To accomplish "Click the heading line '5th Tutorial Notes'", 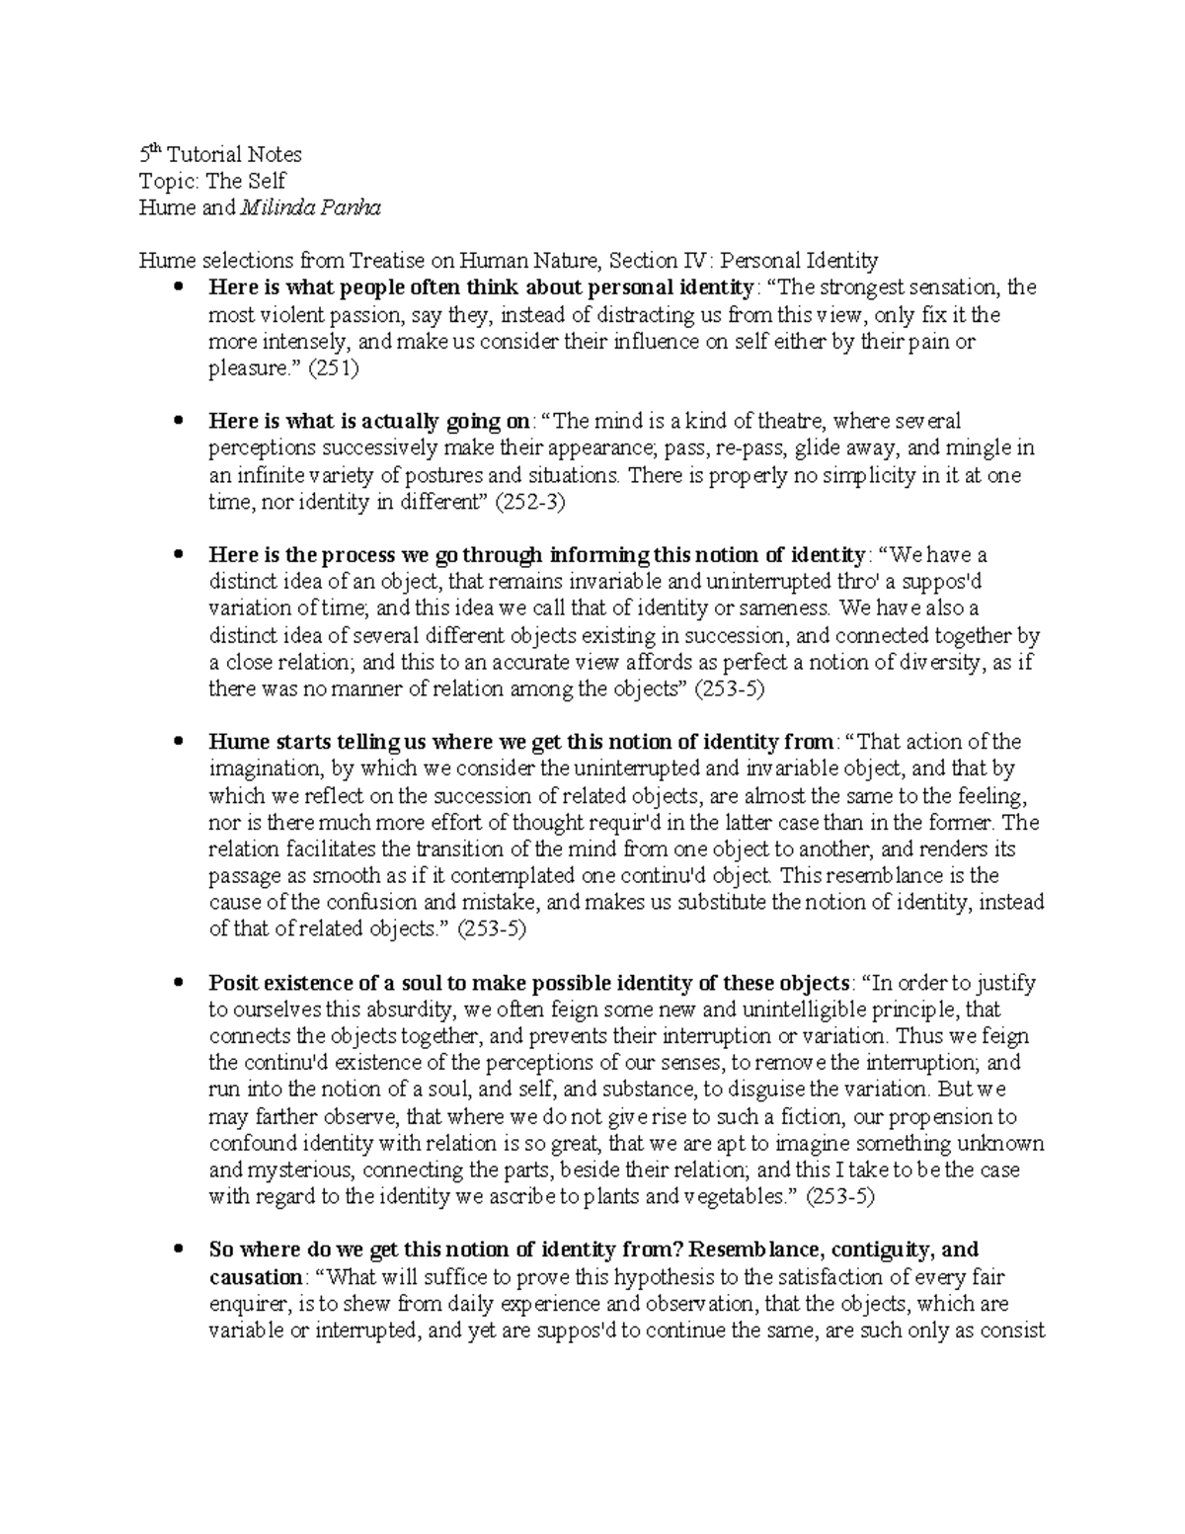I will coord(220,154).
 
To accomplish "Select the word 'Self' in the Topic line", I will coord(266,181).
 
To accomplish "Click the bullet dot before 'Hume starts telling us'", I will coord(179,742).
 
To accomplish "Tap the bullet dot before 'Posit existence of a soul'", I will coord(179,983).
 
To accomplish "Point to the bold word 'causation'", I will coord(256,1277).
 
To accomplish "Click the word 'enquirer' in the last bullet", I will coord(246,1304).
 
